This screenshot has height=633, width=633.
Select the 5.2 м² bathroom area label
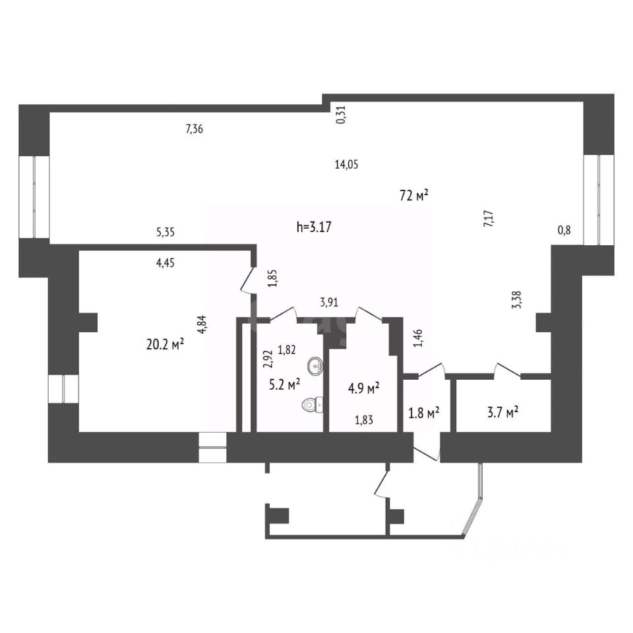point(284,383)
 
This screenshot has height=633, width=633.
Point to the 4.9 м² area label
point(363,389)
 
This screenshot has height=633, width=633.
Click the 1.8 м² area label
point(425,413)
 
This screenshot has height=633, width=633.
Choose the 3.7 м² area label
point(502,412)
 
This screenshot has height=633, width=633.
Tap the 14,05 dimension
point(346,165)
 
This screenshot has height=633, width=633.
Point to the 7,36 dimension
point(195,129)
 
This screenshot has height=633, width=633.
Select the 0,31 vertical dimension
point(341,116)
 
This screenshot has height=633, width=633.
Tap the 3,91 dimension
point(330,303)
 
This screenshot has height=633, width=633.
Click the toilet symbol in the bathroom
point(312,404)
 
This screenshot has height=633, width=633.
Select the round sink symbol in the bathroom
point(315,364)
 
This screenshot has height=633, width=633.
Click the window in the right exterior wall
point(599,199)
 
